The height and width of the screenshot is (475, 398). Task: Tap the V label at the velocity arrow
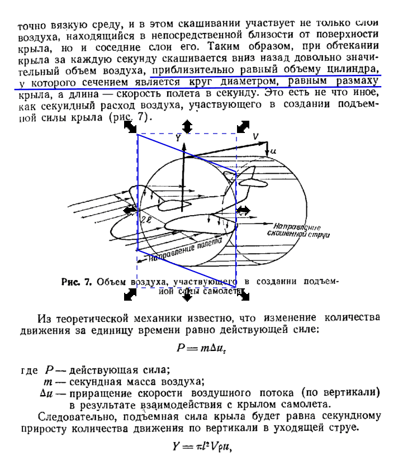point(255,135)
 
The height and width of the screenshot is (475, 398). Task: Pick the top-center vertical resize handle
point(188,126)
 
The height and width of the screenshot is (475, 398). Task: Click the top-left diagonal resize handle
point(130,127)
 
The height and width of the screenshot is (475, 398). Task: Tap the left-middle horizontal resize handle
point(131,210)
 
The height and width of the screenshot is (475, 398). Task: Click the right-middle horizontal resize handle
point(244,210)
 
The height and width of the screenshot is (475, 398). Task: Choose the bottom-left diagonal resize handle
point(130,292)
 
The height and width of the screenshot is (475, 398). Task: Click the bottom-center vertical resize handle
point(188,293)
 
